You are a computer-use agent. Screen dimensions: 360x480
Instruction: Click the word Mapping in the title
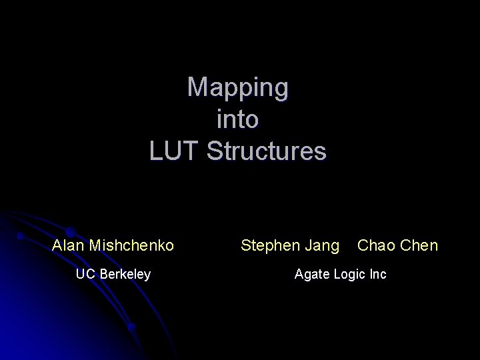pyautogui.click(x=238, y=87)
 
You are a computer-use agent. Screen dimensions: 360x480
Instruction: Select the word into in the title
pyautogui.click(x=238, y=119)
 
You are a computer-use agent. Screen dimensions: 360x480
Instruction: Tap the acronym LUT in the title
pyautogui.click(x=175, y=151)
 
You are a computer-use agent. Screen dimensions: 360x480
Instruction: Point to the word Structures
pyautogui.click(x=267, y=151)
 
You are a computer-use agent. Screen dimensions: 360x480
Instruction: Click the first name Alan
pyautogui.click(x=68, y=245)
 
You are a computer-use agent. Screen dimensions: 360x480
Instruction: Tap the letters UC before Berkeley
pyautogui.click(x=85, y=274)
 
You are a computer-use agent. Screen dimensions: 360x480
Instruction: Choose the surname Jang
pyautogui.click(x=323, y=246)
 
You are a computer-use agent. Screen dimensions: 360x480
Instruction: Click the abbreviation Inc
pyautogui.click(x=378, y=274)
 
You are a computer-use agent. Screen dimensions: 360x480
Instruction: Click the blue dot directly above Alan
pyautogui.click(x=69, y=231)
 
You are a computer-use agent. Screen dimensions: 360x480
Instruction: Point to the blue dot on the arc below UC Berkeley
pyautogui.click(x=132, y=327)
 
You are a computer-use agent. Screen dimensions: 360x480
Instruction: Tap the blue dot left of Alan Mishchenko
pyautogui.click(x=21, y=236)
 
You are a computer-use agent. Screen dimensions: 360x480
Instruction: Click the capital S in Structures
pyautogui.click(x=214, y=151)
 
